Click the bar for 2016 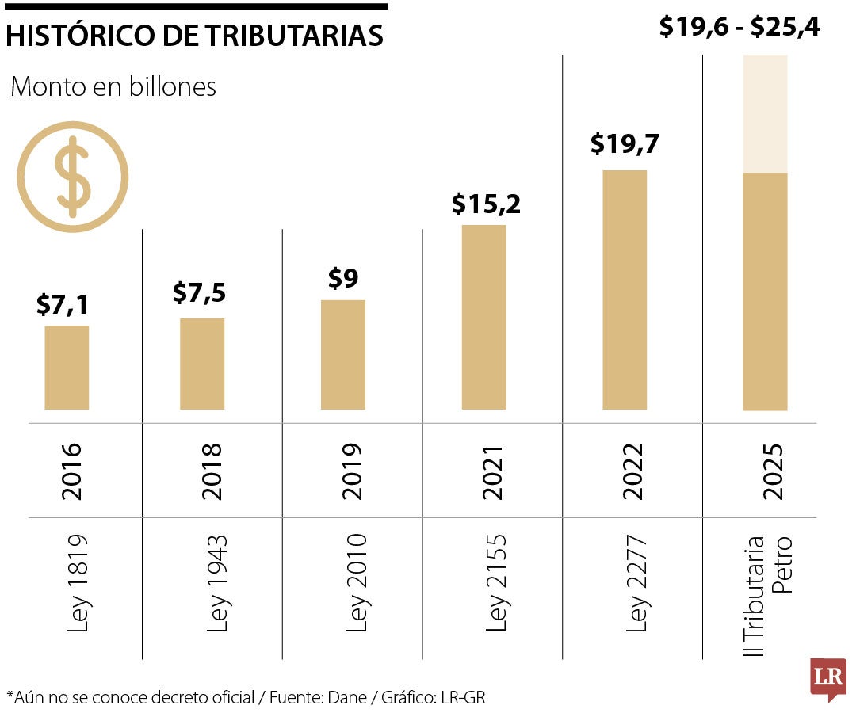[67, 368]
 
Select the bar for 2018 [202, 364]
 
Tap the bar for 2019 [343, 355]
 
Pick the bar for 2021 [483, 317]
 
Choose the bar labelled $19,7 [625, 290]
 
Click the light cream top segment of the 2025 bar [765, 113]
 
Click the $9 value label [343, 279]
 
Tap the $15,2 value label [486, 204]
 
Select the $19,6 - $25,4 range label [739, 28]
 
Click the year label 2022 [634, 471]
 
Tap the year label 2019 [352, 471]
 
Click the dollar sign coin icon [72, 177]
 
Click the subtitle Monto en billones [113, 87]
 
